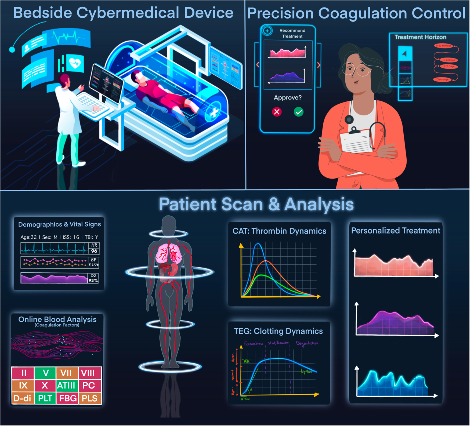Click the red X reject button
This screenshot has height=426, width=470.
pyautogui.click(x=277, y=112)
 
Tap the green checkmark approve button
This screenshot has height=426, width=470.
pyautogui.click(x=298, y=112)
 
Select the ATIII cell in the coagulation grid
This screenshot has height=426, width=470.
pyautogui.click(x=66, y=385)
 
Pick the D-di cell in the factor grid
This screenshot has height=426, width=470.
pyautogui.click(x=23, y=398)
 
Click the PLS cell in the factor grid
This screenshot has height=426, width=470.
pyautogui.click(x=89, y=398)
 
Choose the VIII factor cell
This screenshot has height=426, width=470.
pyautogui.click(x=88, y=373)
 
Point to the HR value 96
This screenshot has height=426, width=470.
pyautogui.click(x=94, y=251)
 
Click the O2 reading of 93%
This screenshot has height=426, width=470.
pyautogui.click(x=93, y=281)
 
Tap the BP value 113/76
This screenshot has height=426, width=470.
pyautogui.click(x=93, y=265)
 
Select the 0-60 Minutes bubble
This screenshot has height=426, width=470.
pyautogui.click(x=443, y=46)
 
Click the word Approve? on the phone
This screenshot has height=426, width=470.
pyautogui.click(x=288, y=97)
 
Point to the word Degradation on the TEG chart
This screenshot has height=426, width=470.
pyautogui.click(x=307, y=343)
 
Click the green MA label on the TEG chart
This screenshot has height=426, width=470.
pyautogui.click(x=247, y=361)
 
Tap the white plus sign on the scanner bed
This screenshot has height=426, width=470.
pyautogui.click(x=214, y=113)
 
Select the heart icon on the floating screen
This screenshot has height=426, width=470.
pyautogui.click(x=75, y=63)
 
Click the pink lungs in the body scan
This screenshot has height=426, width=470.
pyautogui.click(x=169, y=254)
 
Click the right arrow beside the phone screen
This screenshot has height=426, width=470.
pyautogui.click(x=319, y=65)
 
